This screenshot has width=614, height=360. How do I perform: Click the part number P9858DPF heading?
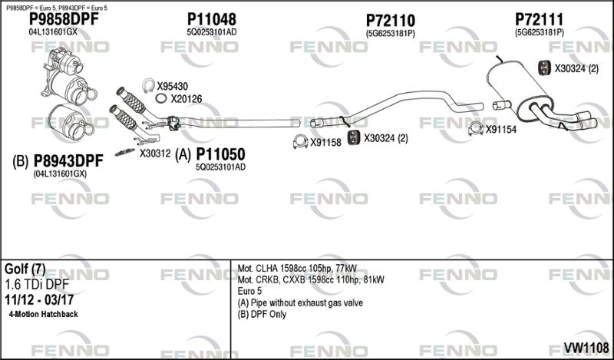(64, 18)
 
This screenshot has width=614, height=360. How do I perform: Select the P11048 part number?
(211, 18)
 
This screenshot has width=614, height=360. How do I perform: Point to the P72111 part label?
(539, 18)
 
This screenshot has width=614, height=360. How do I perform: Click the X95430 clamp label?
(173, 86)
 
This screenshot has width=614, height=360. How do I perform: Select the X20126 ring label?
(186, 99)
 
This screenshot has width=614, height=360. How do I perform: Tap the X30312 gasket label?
(155, 153)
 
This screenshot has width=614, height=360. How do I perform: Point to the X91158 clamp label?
(325, 142)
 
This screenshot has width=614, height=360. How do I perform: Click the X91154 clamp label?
(501, 129)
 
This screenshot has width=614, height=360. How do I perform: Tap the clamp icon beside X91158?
(299, 142)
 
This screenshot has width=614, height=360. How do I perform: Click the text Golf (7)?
(25, 269)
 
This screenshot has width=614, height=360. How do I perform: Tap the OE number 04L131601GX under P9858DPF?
(53, 32)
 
